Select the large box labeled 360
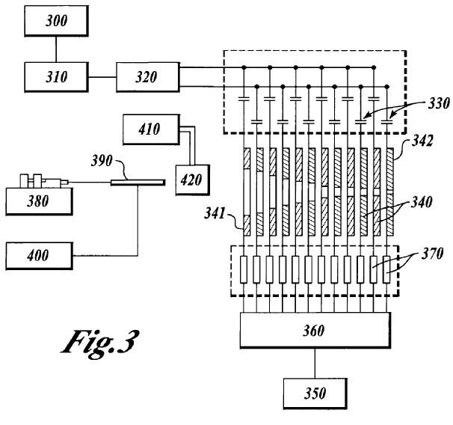click(315, 329)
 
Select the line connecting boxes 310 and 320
click(101, 76)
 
